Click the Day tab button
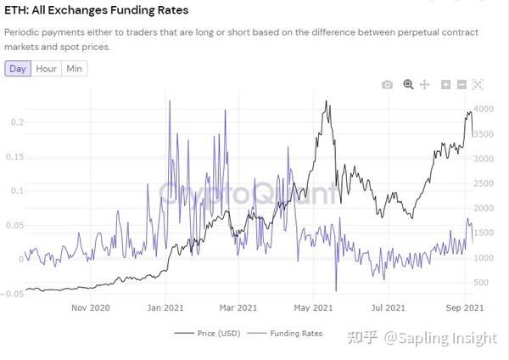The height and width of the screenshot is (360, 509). [17, 69]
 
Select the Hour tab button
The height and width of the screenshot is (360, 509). [46, 69]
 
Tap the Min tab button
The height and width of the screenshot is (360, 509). [75, 69]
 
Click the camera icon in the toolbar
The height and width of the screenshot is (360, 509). [388, 85]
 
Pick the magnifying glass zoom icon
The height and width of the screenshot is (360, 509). [408, 85]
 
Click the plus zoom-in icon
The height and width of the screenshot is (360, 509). [446, 85]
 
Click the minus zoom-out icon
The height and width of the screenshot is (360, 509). [461, 85]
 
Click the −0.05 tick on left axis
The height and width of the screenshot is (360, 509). [11, 294]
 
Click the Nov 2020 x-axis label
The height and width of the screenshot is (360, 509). [90, 307]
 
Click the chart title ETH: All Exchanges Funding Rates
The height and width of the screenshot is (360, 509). [97, 11]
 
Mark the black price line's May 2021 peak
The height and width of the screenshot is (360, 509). [327, 102]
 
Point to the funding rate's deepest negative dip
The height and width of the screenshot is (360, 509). [336, 290]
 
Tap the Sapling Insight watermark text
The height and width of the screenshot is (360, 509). [439, 339]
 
